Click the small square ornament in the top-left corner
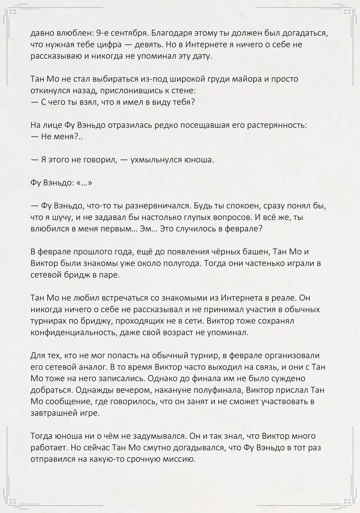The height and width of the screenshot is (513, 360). coord(13,12)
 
